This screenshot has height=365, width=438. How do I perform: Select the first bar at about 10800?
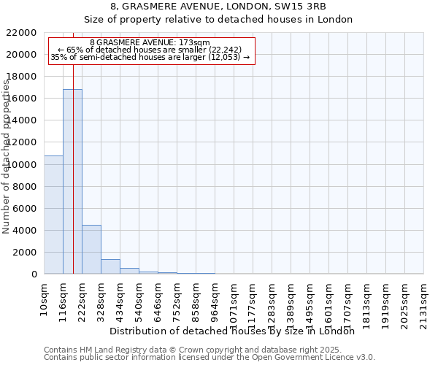click(x=53, y=215)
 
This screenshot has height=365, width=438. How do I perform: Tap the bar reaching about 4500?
click(x=91, y=249)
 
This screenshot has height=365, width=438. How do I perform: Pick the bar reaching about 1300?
click(x=110, y=266)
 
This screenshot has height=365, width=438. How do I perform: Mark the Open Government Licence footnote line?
click(x=210, y=357)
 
